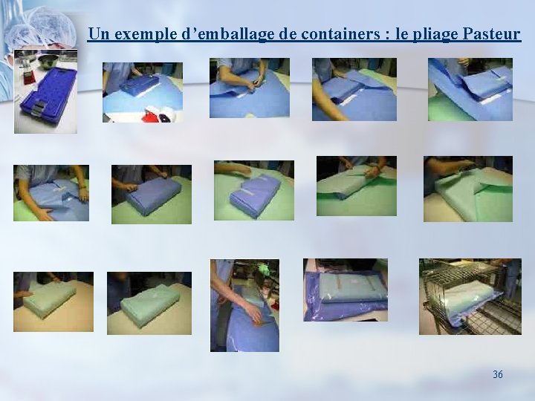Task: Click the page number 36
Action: pyautogui.click(x=497, y=374)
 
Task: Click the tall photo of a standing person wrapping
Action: pyautogui.click(x=244, y=304)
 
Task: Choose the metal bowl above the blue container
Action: pyautogui.click(x=49, y=61)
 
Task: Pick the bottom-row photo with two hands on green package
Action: pyautogui.click(x=53, y=301)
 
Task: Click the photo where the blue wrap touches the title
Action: pyautogui.click(x=470, y=89)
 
